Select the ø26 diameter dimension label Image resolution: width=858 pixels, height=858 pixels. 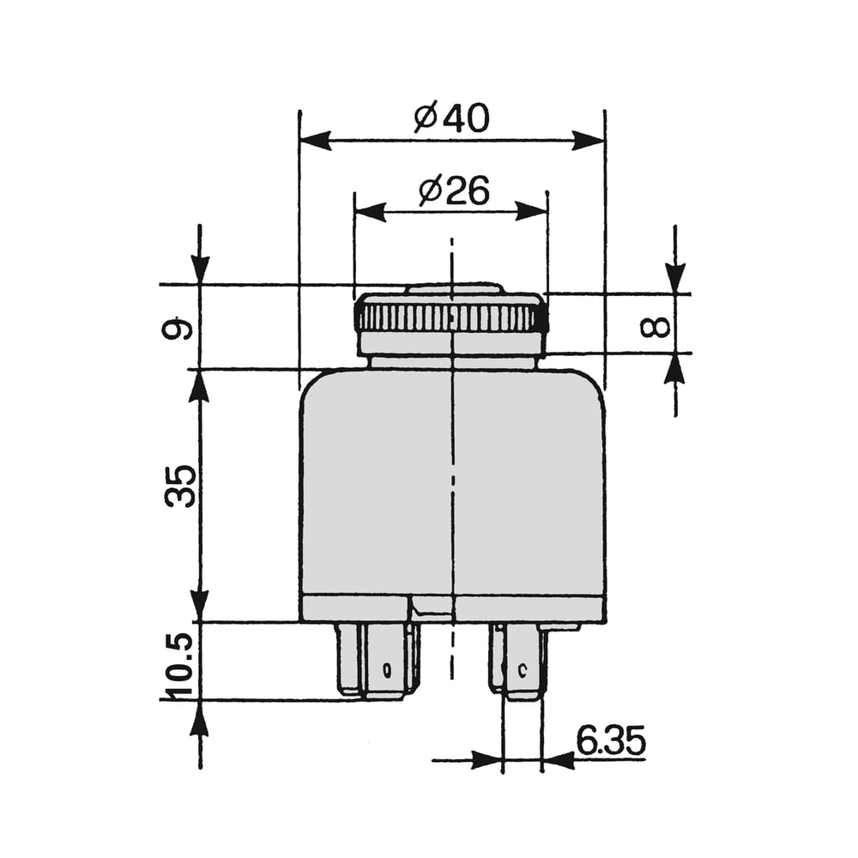click(454, 191)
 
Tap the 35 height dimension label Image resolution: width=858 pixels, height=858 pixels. click(180, 486)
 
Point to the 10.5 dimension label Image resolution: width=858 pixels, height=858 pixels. click(180, 666)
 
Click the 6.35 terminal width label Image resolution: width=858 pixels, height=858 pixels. click(611, 742)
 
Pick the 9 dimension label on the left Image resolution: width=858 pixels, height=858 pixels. click(178, 329)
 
